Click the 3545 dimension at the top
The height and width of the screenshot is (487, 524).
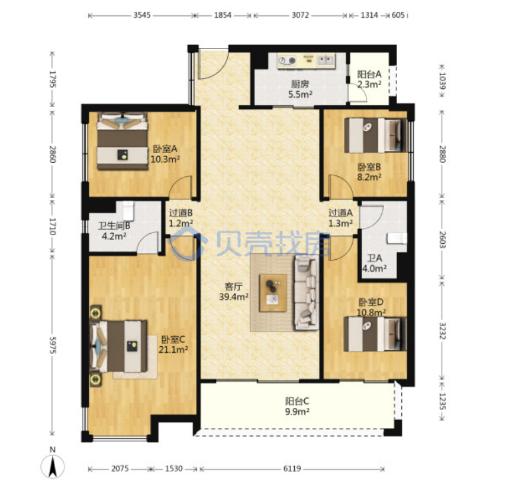pyautogui.click(x=142, y=15)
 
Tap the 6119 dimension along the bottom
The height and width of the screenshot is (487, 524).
pyautogui.click(x=292, y=468)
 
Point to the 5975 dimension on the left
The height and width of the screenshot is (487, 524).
pyautogui.click(x=52, y=345)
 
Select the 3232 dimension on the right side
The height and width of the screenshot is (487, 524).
pyautogui.click(x=442, y=331)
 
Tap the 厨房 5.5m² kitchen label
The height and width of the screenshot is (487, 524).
pyautogui.click(x=300, y=89)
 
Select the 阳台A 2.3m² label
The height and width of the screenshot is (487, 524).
pyautogui.click(x=369, y=79)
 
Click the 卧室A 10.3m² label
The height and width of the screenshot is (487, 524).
pyautogui.click(x=165, y=153)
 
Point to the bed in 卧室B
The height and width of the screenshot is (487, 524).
pyautogui.click(x=376, y=135)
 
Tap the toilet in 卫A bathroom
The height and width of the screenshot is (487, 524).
pyautogui.click(x=397, y=239)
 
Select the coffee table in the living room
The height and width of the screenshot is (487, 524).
pyautogui.click(x=274, y=293)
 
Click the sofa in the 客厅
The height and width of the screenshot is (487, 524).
pyautogui.click(x=306, y=293)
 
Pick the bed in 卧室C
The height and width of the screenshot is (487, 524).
pyautogui.click(x=119, y=346)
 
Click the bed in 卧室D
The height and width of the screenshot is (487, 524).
pyautogui.click(x=376, y=334)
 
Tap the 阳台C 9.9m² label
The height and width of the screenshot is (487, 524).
pyautogui.click(x=297, y=406)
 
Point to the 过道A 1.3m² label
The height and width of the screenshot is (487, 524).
pyautogui.click(x=340, y=218)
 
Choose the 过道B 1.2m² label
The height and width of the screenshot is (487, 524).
pyautogui.click(x=181, y=218)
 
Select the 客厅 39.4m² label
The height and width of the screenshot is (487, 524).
pyautogui.click(x=234, y=292)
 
